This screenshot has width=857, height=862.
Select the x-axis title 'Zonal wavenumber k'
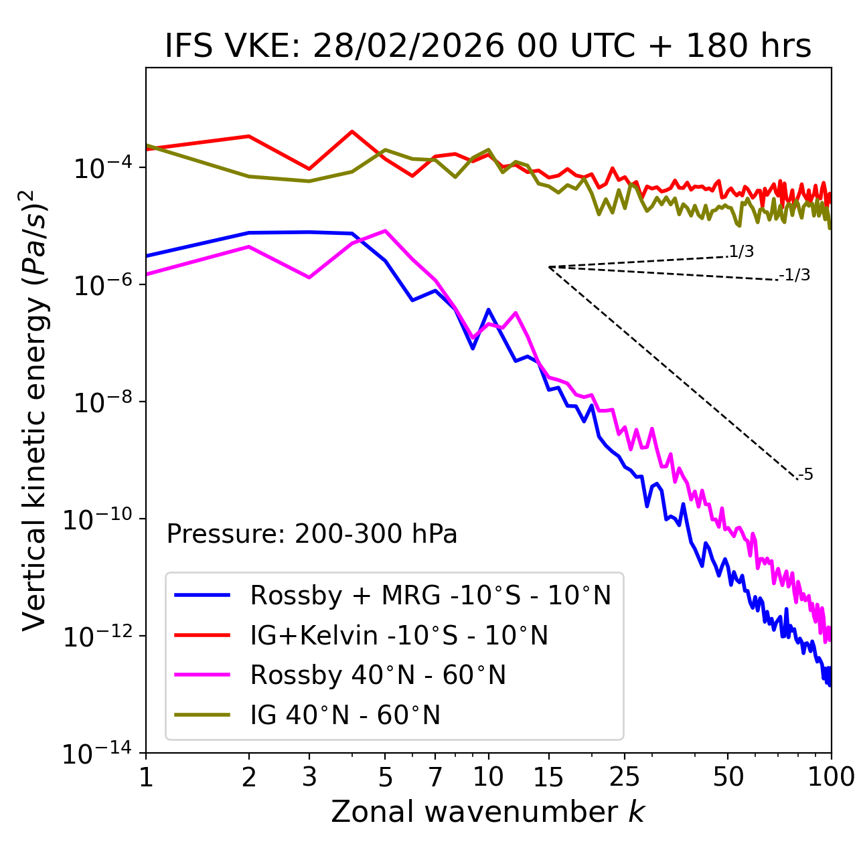[488, 812]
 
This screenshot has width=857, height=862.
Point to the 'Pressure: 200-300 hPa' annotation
[312, 534]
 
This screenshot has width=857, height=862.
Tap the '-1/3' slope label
[795, 275]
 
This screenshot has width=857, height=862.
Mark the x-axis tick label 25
[625, 777]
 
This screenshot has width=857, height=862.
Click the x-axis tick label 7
[435, 777]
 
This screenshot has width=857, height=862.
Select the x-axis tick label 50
[728, 777]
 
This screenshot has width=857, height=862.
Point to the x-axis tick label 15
[548, 777]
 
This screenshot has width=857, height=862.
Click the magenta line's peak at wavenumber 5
[385, 230]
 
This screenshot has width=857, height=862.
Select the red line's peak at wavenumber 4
[352, 131]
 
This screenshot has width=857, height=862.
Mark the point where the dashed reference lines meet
[548, 267]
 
